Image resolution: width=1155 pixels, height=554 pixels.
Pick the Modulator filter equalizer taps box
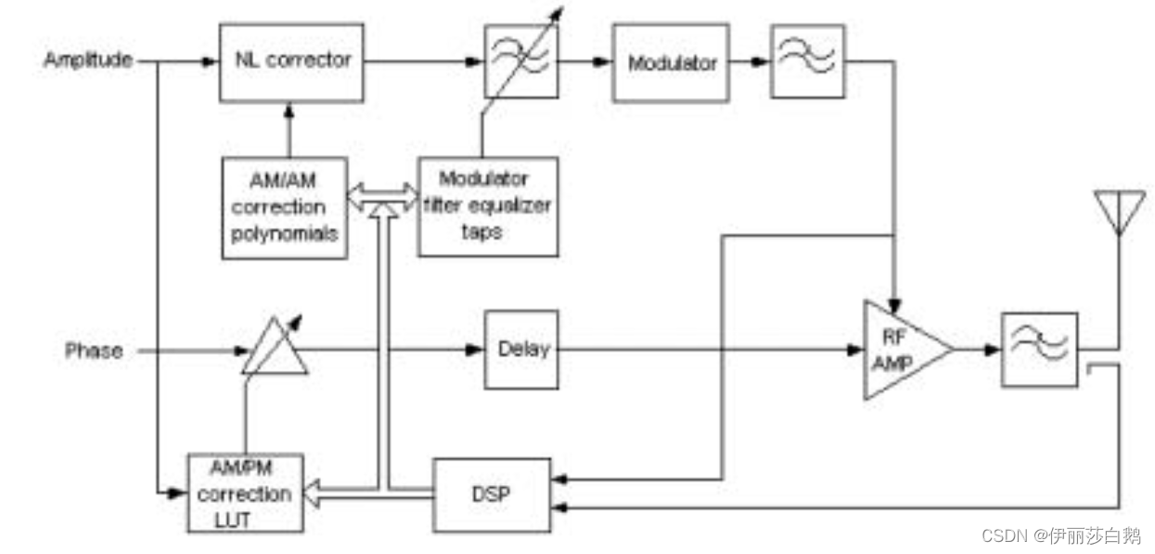coord(487,206)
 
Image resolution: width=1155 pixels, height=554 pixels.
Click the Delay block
coord(523,350)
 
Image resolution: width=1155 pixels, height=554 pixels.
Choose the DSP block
coord(493,495)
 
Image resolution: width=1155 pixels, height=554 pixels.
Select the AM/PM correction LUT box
coord(245,493)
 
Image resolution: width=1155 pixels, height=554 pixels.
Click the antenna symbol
coord(1118,210)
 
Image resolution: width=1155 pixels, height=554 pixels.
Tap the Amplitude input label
coord(88,61)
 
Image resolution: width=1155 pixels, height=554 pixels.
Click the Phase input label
coord(94,351)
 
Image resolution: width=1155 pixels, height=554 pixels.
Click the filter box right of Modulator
coord(808,62)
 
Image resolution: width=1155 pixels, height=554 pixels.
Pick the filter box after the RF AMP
coord(1039,350)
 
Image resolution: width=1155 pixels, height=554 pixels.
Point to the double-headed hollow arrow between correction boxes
coord(382,196)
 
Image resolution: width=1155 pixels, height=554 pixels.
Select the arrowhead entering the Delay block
coord(476,350)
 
